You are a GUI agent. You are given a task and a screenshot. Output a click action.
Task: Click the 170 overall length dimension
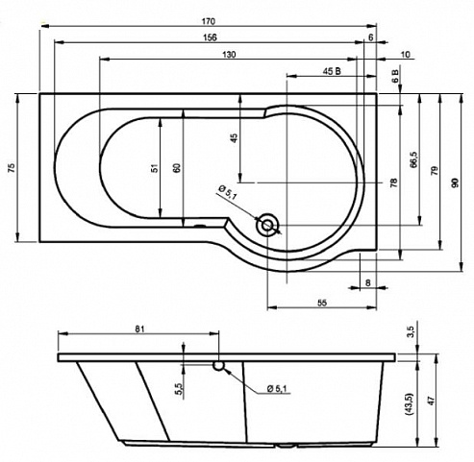209,21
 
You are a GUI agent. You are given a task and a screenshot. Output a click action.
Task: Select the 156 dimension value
210,37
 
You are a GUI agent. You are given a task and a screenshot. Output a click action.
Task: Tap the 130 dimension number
229,55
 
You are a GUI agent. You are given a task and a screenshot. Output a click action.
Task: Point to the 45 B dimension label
332,71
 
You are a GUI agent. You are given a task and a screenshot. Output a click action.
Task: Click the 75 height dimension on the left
12,167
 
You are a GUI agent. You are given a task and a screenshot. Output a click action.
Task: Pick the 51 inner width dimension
155,167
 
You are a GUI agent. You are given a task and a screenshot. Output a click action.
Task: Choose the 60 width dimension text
177,168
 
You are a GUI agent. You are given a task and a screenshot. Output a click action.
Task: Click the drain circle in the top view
266,225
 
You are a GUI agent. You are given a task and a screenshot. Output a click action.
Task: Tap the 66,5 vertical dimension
413,159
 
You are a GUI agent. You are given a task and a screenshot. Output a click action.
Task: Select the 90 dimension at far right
455,182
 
